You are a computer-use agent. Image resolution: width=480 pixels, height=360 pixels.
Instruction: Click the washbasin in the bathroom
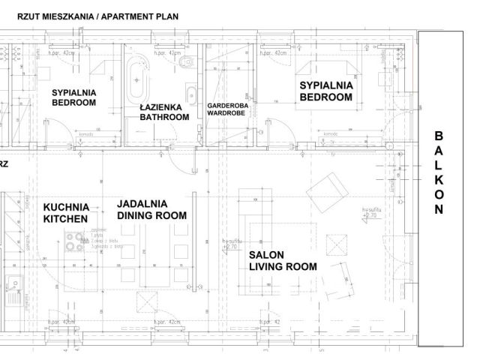pyautogui.click(x=192, y=95)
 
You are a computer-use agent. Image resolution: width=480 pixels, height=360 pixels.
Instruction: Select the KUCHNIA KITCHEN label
pyautogui.click(x=66, y=212)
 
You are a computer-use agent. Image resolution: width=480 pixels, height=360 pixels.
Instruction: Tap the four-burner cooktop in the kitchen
pyautogui.click(x=76, y=242)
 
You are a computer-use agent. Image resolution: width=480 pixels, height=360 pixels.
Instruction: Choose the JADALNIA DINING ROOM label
pyautogui.click(x=152, y=209)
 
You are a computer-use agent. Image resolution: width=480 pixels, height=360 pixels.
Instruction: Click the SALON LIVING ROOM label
pyautogui.click(x=283, y=260)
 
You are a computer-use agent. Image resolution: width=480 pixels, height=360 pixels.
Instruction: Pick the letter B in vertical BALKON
pyautogui.click(x=439, y=136)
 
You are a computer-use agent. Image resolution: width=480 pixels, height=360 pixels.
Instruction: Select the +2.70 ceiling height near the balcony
pyautogui.click(x=369, y=215)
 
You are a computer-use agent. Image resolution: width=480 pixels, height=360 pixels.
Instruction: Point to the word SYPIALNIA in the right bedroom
pyautogui.click(x=326, y=85)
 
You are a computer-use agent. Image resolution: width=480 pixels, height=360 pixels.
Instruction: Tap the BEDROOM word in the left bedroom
pyautogui.click(x=73, y=103)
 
